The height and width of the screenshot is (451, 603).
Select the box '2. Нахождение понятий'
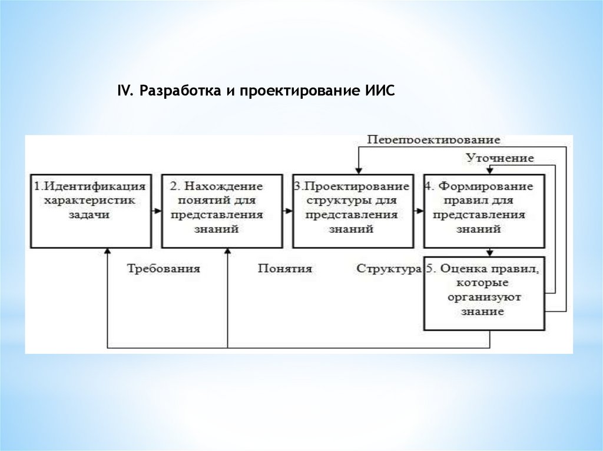point(220,210)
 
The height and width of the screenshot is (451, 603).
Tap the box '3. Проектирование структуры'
point(352,210)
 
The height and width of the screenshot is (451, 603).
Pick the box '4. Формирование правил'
point(483,210)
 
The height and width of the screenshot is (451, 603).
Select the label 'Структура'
point(389,269)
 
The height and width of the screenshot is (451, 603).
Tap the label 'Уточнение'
point(500,158)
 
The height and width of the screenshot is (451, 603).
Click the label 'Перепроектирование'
point(433,140)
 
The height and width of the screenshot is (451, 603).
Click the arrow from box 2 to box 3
point(286,210)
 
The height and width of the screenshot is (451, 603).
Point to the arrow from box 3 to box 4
point(418,210)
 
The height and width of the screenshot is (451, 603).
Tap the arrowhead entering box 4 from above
point(489,171)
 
